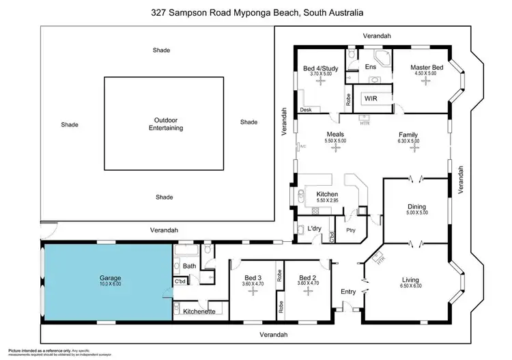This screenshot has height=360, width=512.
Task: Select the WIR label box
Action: click(x=371, y=98)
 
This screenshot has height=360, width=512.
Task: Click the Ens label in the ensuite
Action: click(x=371, y=67)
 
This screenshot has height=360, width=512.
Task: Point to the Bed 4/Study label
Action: click(x=320, y=68)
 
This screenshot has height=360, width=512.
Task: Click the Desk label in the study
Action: click(x=305, y=110)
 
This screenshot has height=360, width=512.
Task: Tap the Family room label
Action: click(x=408, y=135)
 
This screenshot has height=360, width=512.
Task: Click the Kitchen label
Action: click(x=327, y=194)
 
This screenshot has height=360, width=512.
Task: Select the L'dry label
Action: click(x=315, y=227)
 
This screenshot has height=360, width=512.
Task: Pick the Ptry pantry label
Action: click(x=352, y=230)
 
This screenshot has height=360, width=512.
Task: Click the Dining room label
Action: click(x=416, y=206)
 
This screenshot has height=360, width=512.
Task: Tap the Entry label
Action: click(x=348, y=292)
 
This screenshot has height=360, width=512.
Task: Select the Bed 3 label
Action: click(x=253, y=277)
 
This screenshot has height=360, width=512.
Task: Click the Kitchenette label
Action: click(x=200, y=311)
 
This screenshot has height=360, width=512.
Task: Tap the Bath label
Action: click(x=189, y=266)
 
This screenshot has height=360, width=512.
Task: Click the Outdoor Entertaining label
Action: click(x=164, y=124)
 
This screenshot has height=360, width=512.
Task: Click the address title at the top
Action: click(x=257, y=12)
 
